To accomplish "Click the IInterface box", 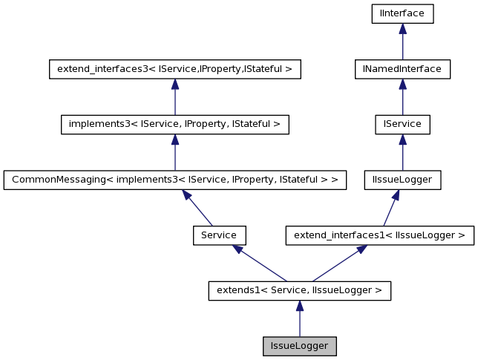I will pos(402,13).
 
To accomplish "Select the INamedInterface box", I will pos(402,69).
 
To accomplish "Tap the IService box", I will pos(402,124).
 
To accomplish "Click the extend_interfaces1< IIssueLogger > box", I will pos(379,235).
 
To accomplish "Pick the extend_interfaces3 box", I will pos(174,69).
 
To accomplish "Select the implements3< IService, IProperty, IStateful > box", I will pos(174,124).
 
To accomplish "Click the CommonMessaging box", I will pos(174,180).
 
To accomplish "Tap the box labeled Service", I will pos(219,235).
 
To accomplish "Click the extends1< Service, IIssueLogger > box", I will pos(299,290).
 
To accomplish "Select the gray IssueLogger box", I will pos(299,346).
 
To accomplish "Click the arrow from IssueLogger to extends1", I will pos(299,319).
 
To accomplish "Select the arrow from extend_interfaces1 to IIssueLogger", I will pos(390,208).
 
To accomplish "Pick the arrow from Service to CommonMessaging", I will pos(197,208).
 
